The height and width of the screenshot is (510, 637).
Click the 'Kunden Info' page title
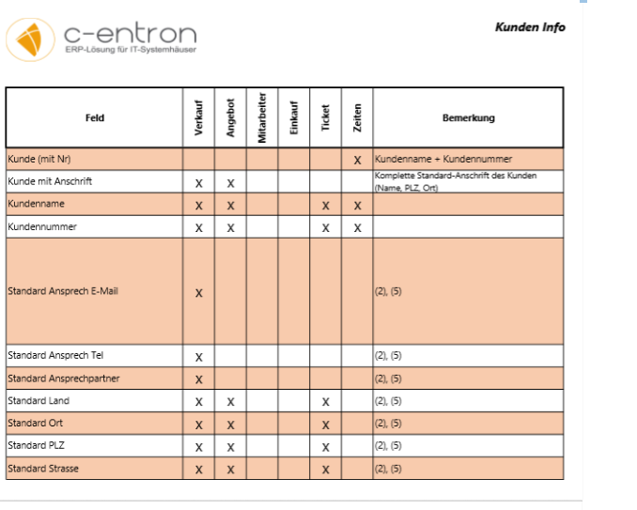[x=530, y=27]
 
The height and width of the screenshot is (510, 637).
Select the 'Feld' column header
[x=94, y=118]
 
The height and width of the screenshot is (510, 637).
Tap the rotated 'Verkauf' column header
[x=198, y=119]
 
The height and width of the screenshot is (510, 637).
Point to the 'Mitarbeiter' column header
[x=262, y=118]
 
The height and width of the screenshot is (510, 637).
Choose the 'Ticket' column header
[x=325, y=119]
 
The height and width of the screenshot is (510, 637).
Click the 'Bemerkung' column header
[x=468, y=118]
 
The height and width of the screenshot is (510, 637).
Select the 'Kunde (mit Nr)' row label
[x=39, y=160]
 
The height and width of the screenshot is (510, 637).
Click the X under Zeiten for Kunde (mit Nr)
[x=357, y=161]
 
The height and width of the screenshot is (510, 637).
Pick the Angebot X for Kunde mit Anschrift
[x=230, y=183]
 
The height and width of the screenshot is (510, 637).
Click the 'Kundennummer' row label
[x=42, y=227]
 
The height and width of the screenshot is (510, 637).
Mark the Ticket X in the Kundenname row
[x=325, y=206]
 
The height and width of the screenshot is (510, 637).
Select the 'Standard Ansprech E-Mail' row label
[x=63, y=291]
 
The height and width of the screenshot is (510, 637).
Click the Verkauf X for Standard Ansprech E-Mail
[x=198, y=293]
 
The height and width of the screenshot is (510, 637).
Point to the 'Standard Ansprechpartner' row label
[x=64, y=379]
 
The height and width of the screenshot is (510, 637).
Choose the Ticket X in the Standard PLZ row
[x=325, y=447]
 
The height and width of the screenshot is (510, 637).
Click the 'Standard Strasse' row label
[x=43, y=469]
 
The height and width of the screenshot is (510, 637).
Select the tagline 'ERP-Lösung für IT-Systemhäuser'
[x=131, y=50]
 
